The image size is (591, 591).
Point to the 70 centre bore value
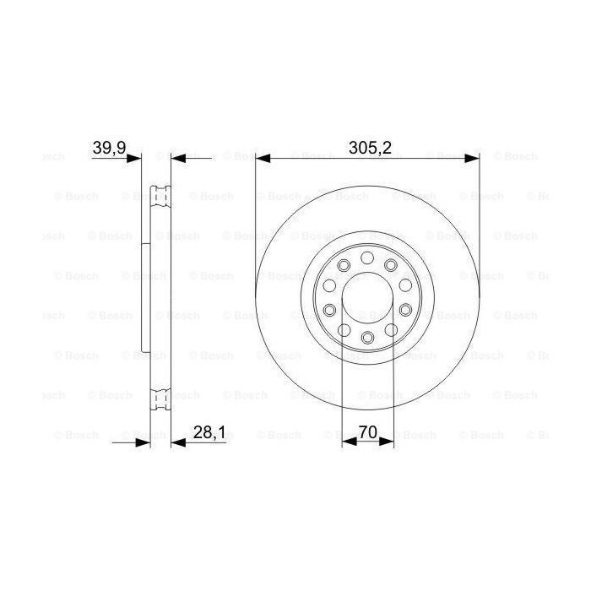(x=367, y=432)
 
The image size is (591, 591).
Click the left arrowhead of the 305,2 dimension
(x=262, y=158)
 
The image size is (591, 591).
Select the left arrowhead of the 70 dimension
(x=346, y=441)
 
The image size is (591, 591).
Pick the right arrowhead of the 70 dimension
(x=388, y=441)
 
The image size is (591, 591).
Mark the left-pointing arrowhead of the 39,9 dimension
(x=177, y=158)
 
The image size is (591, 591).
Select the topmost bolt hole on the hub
(x=367, y=258)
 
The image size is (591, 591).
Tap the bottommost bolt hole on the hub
(x=367, y=338)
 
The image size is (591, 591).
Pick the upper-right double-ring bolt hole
(x=391, y=267)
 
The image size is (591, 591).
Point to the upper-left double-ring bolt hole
(x=343, y=267)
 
